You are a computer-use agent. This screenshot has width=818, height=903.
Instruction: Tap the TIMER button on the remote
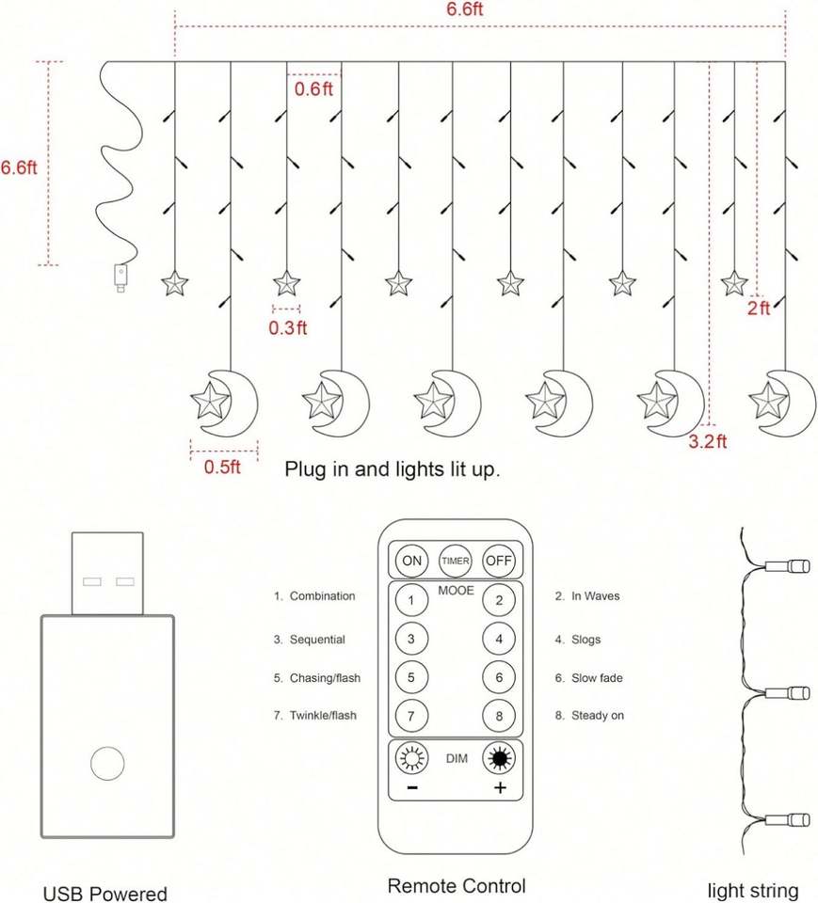click(x=455, y=561)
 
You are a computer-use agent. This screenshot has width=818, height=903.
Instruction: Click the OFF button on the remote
click(x=499, y=561)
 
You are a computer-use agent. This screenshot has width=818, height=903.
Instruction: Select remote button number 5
click(x=411, y=677)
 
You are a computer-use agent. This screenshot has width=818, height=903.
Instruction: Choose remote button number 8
click(x=499, y=716)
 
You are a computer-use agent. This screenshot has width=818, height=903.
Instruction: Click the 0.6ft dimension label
click(x=313, y=89)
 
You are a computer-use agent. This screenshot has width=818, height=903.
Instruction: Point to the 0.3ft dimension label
click(x=288, y=327)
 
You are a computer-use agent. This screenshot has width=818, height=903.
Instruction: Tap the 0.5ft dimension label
click(x=222, y=467)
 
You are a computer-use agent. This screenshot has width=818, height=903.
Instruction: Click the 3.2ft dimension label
click(x=707, y=442)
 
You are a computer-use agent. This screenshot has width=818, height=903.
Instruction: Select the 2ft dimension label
click(x=759, y=309)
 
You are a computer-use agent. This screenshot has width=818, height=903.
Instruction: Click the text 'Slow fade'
click(x=597, y=678)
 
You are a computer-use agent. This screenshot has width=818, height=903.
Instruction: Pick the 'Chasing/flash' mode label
click(x=325, y=678)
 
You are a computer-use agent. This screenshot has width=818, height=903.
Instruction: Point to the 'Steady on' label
click(x=597, y=716)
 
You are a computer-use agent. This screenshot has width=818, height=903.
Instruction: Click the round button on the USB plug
click(x=107, y=763)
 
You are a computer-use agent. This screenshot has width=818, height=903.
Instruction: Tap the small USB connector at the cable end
click(x=120, y=277)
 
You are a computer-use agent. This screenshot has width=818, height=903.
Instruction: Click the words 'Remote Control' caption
click(x=457, y=886)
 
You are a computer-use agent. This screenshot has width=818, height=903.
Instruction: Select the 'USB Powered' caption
click(x=104, y=894)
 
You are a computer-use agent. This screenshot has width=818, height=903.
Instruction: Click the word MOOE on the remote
click(x=456, y=591)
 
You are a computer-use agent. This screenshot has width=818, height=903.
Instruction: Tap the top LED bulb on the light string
click(x=788, y=566)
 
